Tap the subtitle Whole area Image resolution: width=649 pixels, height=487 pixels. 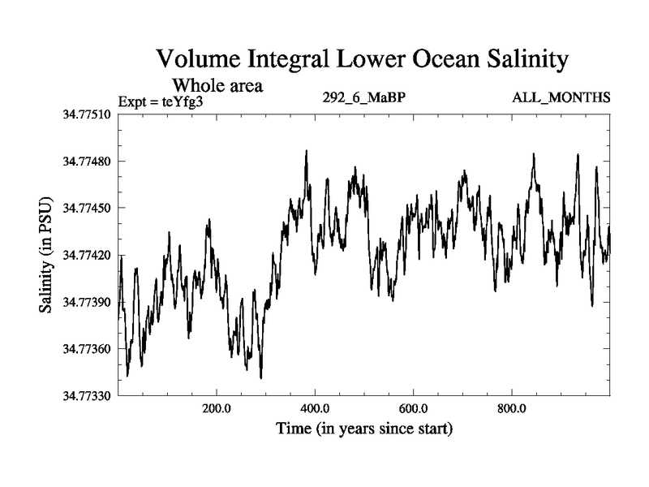click(x=218, y=84)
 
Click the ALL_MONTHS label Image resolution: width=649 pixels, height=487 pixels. click(x=561, y=98)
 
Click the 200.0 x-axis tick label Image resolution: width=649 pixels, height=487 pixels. click(x=217, y=408)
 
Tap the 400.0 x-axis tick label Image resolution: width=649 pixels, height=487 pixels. click(x=315, y=408)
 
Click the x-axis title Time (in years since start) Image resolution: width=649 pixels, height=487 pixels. click(x=363, y=428)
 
